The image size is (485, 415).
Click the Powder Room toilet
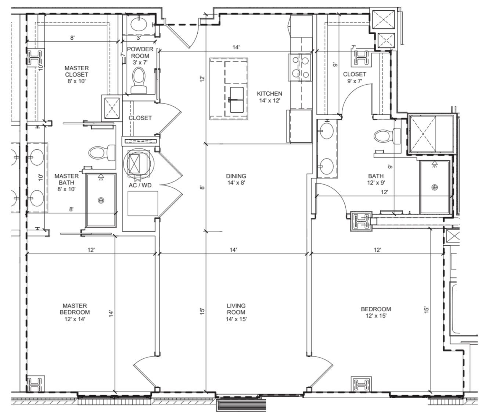click(x=139, y=81)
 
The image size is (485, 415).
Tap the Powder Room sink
click(x=139, y=24)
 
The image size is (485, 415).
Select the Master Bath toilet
click(x=102, y=153)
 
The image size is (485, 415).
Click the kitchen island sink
click(x=237, y=100)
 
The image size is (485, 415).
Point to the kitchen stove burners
click(x=300, y=68)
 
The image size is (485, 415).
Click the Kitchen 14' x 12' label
click(x=270, y=97)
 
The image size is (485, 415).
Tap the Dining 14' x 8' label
click(x=236, y=179)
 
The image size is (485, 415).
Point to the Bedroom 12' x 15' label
click(x=376, y=312)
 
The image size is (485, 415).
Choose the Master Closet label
click(x=76, y=75)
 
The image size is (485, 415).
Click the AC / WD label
click(x=140, y=185)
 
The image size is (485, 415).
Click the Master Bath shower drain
click(x=101, y=200)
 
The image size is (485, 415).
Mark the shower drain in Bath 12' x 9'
click(x=435, y=187)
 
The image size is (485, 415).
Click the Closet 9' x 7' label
click(x=355, y=78)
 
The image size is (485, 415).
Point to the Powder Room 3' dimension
click(x=139, y=38)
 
